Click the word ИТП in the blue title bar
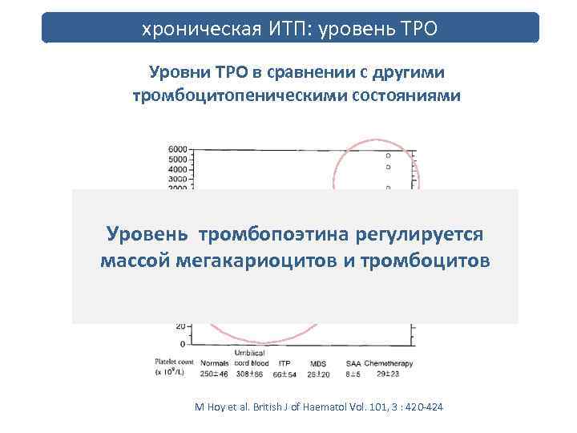coord(288,30)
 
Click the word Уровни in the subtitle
coord(178,73)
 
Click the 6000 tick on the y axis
coord(177,150)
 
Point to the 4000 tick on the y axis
coord(177,169)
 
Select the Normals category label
coord(214,363)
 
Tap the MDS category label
coord(318,363)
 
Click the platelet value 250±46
coord(214,374)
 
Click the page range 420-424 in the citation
coord(422,407)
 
